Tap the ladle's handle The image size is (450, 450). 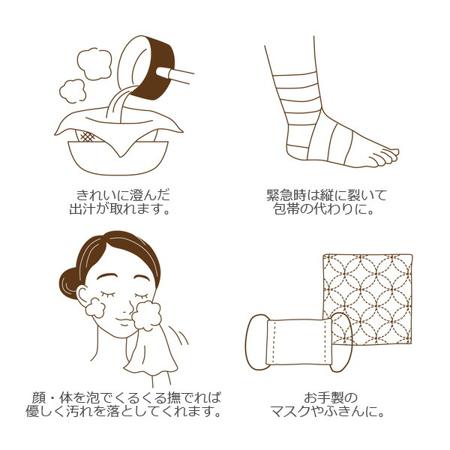175,75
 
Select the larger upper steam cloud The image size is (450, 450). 94,64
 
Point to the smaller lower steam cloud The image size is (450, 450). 73,91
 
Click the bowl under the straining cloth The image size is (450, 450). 118,157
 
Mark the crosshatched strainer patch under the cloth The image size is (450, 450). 88,136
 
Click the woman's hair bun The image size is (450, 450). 70,283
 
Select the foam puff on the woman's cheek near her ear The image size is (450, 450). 95,307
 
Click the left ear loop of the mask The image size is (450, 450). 256,342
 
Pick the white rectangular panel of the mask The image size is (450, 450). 299,341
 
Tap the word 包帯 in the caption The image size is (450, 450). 286,208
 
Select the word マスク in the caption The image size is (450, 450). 290,411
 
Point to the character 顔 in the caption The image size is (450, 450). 39,397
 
